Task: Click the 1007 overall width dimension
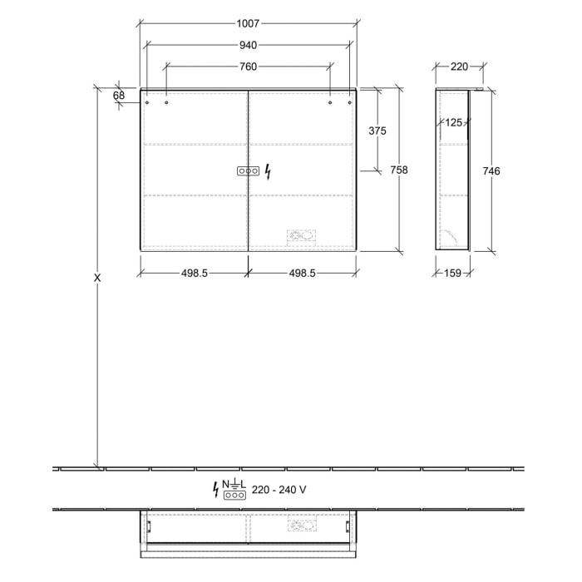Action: point(248,26)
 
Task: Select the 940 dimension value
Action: point(248,45)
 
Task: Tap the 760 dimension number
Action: point(248,67)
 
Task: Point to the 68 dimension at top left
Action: point(119,96)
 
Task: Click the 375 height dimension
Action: point(377,131)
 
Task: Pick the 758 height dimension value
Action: point(398,170)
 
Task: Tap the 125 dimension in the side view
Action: point(452,123)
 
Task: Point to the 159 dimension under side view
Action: point(453,272)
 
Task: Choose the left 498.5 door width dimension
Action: point(193,272)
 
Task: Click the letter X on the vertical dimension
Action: point(97,278)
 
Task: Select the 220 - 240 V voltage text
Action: point(279,490)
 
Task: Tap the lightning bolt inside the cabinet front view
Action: point(267,171)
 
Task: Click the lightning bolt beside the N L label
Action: point(217,489)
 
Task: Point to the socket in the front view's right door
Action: point(300,236)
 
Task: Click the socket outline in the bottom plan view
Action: point(300,526)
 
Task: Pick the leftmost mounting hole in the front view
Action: point(147,104)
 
